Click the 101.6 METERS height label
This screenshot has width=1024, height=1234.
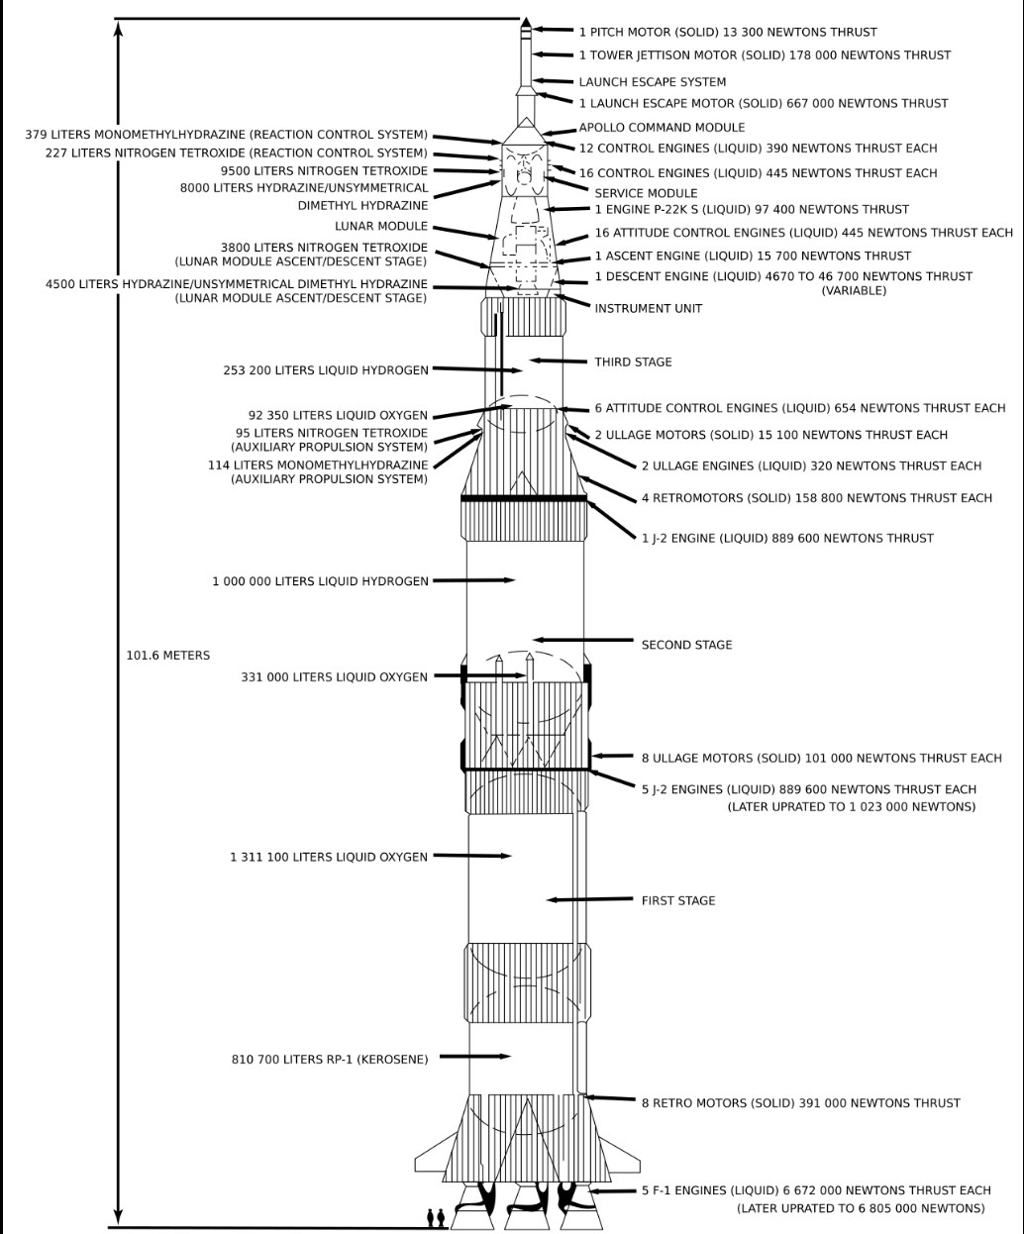tap(167, 656)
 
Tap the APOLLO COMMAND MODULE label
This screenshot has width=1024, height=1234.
tap(662, 128)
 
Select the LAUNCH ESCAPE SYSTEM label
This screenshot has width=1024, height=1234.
tap(653, 82)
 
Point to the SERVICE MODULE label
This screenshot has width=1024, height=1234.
tap(646, 193)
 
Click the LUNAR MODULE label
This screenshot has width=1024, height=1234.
tap(381, 227)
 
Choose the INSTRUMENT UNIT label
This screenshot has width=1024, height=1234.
tap(649, 309)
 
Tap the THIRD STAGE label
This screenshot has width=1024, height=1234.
tap(633, 361)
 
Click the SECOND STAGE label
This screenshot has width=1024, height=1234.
tap(686, 645)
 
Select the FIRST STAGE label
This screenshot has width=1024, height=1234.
tap(678, 900)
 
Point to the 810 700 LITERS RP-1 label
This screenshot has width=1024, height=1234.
tap(330, 1060)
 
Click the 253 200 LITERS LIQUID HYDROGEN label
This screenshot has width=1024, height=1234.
tap(326, 370)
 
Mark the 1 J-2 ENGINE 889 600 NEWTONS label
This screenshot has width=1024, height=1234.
tap(787, 539)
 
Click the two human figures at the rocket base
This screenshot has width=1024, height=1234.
tap(436, 1217)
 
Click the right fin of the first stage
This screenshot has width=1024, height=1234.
tap(619, 1157)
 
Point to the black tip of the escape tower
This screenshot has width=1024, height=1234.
tap(526, 24)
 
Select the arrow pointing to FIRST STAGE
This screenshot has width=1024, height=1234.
tap(589, 899)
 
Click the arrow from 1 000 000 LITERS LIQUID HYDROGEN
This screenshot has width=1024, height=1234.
tap(474, 580)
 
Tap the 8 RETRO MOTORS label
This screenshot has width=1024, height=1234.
tap(800, 1103)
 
